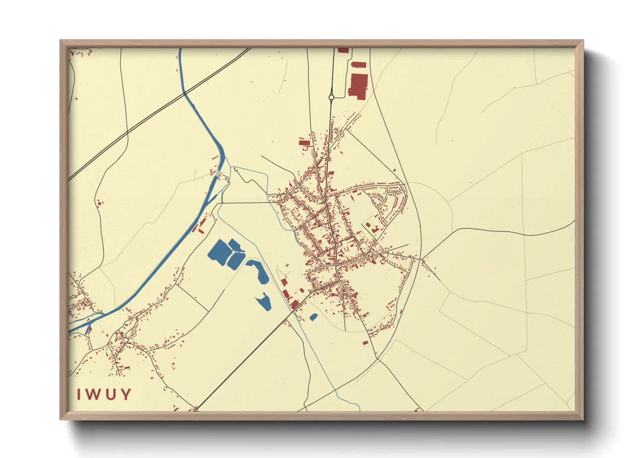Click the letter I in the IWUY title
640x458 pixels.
pos(80,394)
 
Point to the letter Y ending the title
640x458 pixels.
pos(126,394)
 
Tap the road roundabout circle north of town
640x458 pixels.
pos(331,97)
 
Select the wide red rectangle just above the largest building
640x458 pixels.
pos(358,65)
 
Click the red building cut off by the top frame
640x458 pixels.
pos(343,50)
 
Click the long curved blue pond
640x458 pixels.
pos(259,272)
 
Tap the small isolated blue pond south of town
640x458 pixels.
pos(314,317)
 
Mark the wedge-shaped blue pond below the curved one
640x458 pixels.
pos(264,302)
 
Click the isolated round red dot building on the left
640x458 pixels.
pos(99,202)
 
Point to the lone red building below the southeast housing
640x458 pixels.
pos(365,343)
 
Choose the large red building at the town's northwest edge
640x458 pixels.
pos(304,142)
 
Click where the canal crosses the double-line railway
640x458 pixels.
pos(185,92)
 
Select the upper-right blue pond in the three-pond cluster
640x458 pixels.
pos(235,245)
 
